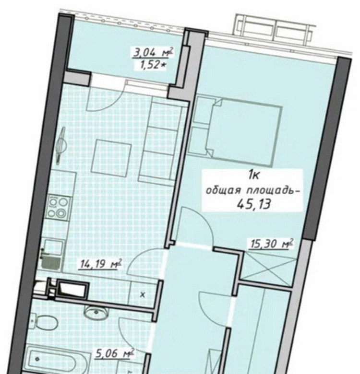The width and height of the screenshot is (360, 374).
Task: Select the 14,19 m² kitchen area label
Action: [x=101, y=264]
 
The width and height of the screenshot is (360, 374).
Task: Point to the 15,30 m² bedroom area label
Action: [x=271, y=244]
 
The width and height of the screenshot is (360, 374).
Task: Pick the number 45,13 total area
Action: [x=254, y=204]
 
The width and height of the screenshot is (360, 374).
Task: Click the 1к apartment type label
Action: [x=253, y=176]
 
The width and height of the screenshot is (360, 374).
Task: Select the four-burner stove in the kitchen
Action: [x=58, y=207]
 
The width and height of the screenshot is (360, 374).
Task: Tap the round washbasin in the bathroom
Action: [x=96, y=313]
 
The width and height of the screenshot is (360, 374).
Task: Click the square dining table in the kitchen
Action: [x=111, y=158]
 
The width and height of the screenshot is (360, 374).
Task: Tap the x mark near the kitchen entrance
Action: [x=143, y=295]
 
